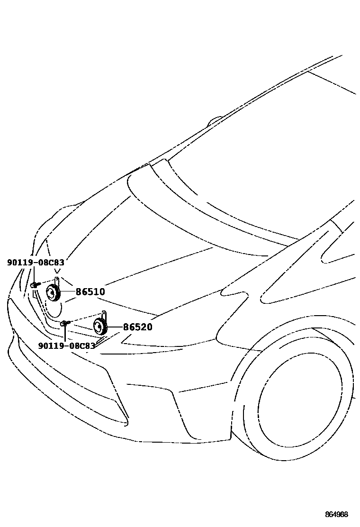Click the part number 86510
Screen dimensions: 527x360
click(90, 292)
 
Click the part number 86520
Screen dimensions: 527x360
click(137, 327)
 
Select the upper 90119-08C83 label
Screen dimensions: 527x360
click(36, 262)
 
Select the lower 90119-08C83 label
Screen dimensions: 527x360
click(67, 345)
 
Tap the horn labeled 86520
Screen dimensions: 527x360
click(100, 327)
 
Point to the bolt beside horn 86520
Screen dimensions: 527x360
click(65, 323)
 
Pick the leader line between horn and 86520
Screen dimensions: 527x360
click(116, 327)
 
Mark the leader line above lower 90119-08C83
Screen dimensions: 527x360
click(64, 334)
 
